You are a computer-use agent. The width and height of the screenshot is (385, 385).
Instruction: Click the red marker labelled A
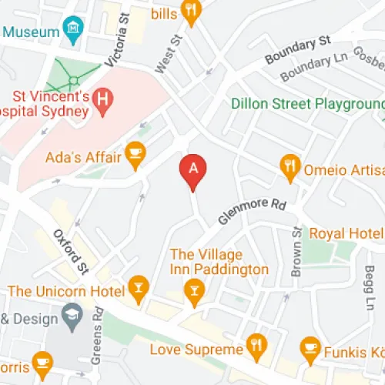click(x=192, y=171)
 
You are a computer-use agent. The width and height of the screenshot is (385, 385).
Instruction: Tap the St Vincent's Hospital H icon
click(x=101, y=99)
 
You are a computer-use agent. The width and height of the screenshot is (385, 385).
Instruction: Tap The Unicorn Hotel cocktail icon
click(x=138, y=289)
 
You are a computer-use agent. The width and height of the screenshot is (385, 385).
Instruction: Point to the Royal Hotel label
click(x=345, y=233)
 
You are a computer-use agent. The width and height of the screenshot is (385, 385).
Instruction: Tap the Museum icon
click(x=73, y=32)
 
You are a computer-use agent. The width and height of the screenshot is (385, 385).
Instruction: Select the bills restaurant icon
click(x=190, y=11)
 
